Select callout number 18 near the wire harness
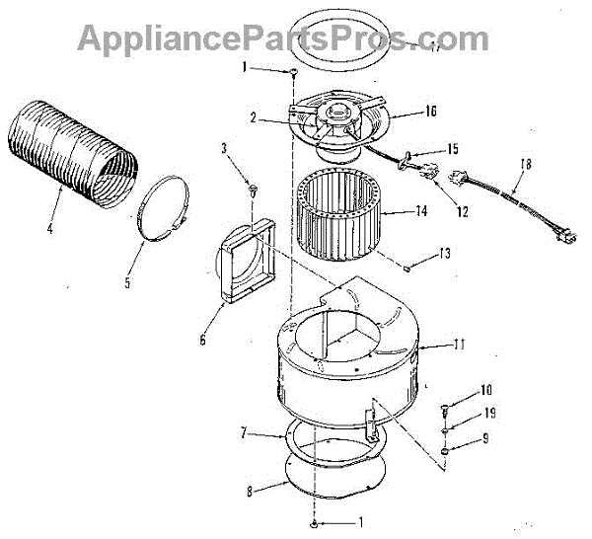pyautogui.click(x=525, y=165)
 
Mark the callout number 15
pyautogui.click(x=453, y=149)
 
